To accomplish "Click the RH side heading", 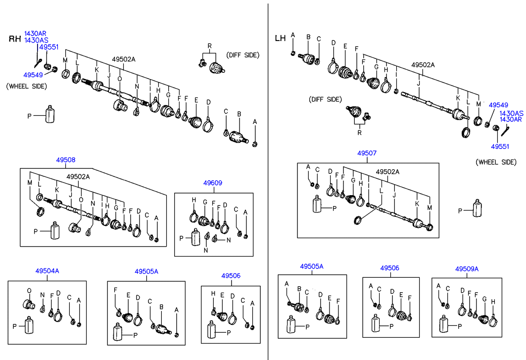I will pyautogui.click(x=15, y=40).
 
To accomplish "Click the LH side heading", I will pyautogui.click(x=280, y=38).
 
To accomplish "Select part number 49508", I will pyautogui.click(x=65, y=160).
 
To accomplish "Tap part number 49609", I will pyautogui.click(x=213, y=183).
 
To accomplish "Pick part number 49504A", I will pyautogui.click(x=47, y=271).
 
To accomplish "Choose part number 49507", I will pyautogui.click(x=368, y=154).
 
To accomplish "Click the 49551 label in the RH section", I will pyautogui.click(x=49, y=48).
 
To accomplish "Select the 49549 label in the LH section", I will pyautogui.click(x=498, y=105).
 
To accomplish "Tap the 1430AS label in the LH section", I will pyautogui.click(x=511, y=113).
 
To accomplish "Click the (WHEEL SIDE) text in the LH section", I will pyautogui.click(x=495, y=162).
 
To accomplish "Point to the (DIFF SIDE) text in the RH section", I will pyautogui.click(x=243, y=55).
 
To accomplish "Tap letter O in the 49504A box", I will pyautogui.click(x=29, y=290).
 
